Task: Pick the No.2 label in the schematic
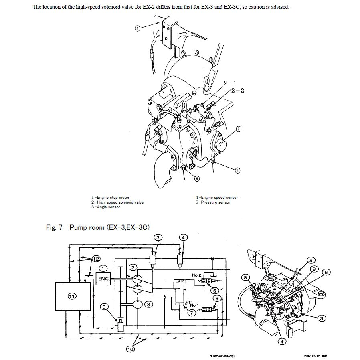pyautogui.click(x=196, y=275)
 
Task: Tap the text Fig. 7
pyautogui.click(x=54, y=227)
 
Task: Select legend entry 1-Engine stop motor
pyautogui.click(x=110, y=198)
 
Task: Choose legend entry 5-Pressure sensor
pyautogui.click(x=213, y=202)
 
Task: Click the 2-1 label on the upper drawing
pyautogui.click(x=230, y=83)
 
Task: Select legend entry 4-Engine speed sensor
pyautogui.click(x=216, y=198)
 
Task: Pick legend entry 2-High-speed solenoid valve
pyautogui.click(x=117, y=202)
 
